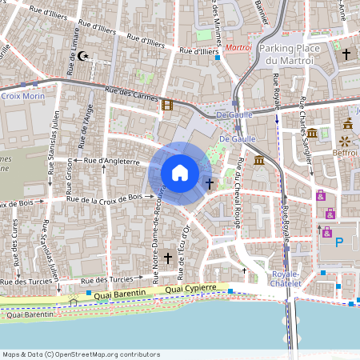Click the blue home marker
[x=180, y=172]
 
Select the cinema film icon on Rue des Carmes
[x=166, y=105]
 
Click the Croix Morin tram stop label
[x=22, y=96]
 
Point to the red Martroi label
[x=238, y=48]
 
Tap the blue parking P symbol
[x=338, y=242]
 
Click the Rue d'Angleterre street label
[x=112, y=161]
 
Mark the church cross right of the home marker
[x=210, y=183]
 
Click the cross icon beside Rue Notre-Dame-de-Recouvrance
[x=168, y=258]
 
